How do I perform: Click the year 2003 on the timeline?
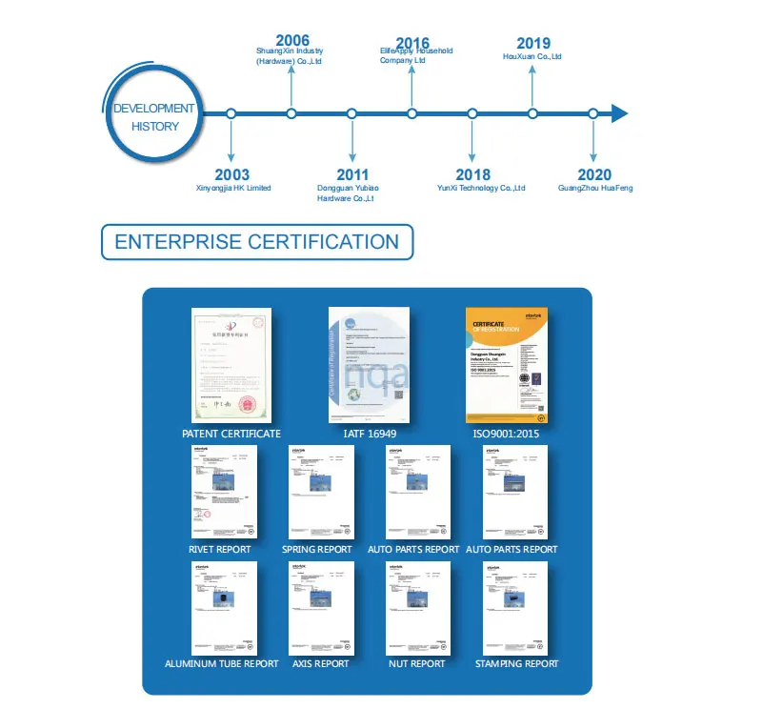[231, 174]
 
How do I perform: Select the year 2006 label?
[291, 40]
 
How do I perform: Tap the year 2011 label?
[352, 174]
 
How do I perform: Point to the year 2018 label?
[472, 174]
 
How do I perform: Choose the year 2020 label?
[594, 174]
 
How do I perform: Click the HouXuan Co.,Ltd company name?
[532, 57]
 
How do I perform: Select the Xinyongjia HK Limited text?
[232, 189]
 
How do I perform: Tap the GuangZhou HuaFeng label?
[595, 189]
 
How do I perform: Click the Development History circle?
[153, 116]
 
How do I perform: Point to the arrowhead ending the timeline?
[619, 114]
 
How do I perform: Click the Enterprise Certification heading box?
[257, 242]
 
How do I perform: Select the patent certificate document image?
[231, 365]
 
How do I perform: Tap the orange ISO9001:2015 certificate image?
[506, 365]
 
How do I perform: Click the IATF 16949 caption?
[369, 435]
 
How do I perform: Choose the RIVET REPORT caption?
[220, 550]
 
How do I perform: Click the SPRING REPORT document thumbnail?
[321, 492]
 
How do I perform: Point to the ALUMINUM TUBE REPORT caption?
[222, 664]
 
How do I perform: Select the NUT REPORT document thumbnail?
[418, 607]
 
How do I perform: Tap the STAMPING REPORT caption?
[516, 664]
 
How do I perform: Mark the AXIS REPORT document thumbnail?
[321, 607]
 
